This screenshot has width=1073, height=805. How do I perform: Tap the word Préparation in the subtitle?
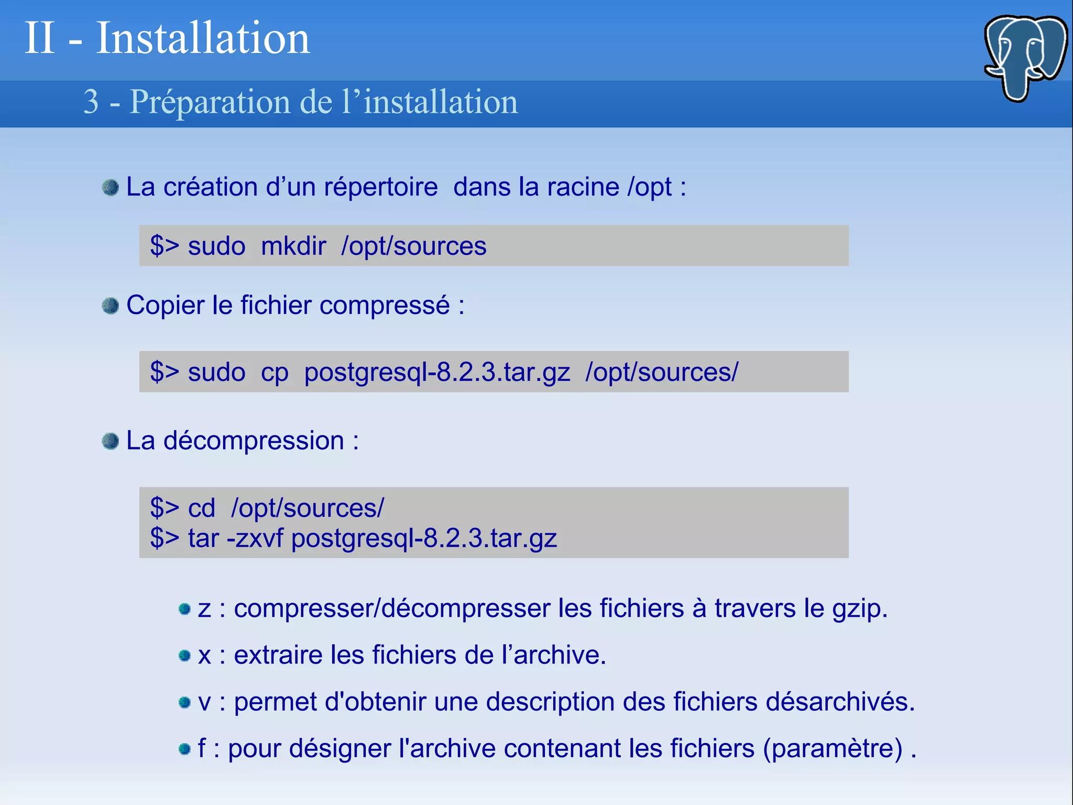pos(210,102)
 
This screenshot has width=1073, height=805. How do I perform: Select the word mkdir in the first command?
pos(293,246)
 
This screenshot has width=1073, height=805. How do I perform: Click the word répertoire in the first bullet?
pos(381,187)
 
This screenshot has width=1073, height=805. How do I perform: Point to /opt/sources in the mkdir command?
pos(414,246)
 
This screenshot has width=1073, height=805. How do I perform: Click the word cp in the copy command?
pos(275,372)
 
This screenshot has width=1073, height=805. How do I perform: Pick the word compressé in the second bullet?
pos(385,305)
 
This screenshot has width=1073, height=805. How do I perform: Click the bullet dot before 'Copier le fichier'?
pos(111,306)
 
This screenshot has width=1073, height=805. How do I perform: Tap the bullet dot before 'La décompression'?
pos(111,441)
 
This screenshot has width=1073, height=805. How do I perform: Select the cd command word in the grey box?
pos(202,508)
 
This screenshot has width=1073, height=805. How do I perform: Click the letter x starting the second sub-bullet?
pos(204,655)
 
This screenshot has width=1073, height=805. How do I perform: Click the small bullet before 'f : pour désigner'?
pos(184,749)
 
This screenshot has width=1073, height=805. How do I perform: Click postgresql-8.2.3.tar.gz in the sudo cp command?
pos(437,372)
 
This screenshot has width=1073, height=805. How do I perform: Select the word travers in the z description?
pos(755,608)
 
